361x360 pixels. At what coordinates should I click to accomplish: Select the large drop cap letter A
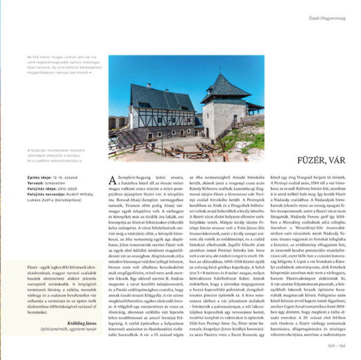[x=113, y=180]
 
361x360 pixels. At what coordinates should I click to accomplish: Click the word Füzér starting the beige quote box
[x=32, y=264]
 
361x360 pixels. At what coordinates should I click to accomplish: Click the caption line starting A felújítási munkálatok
[x=54, y=151]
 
